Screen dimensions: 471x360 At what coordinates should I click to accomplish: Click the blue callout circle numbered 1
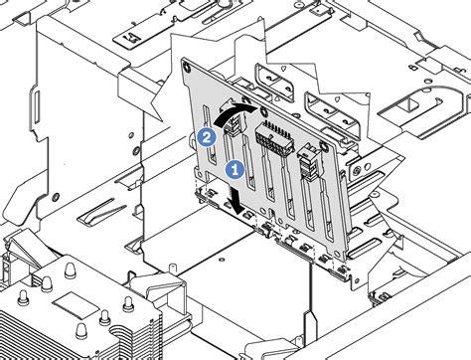tap(235, 170)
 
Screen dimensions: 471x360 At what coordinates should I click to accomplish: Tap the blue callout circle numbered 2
tap(206, 138)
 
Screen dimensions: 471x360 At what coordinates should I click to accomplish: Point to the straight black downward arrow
tap(236, 200)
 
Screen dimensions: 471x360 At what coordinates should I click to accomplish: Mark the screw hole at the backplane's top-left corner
tap(187, 67)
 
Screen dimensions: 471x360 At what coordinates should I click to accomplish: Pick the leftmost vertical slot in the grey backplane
tap(210, 135)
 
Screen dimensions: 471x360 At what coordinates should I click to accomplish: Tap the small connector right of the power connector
tap(309, 162)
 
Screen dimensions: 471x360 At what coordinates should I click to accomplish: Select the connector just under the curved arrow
tap(234, 122)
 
